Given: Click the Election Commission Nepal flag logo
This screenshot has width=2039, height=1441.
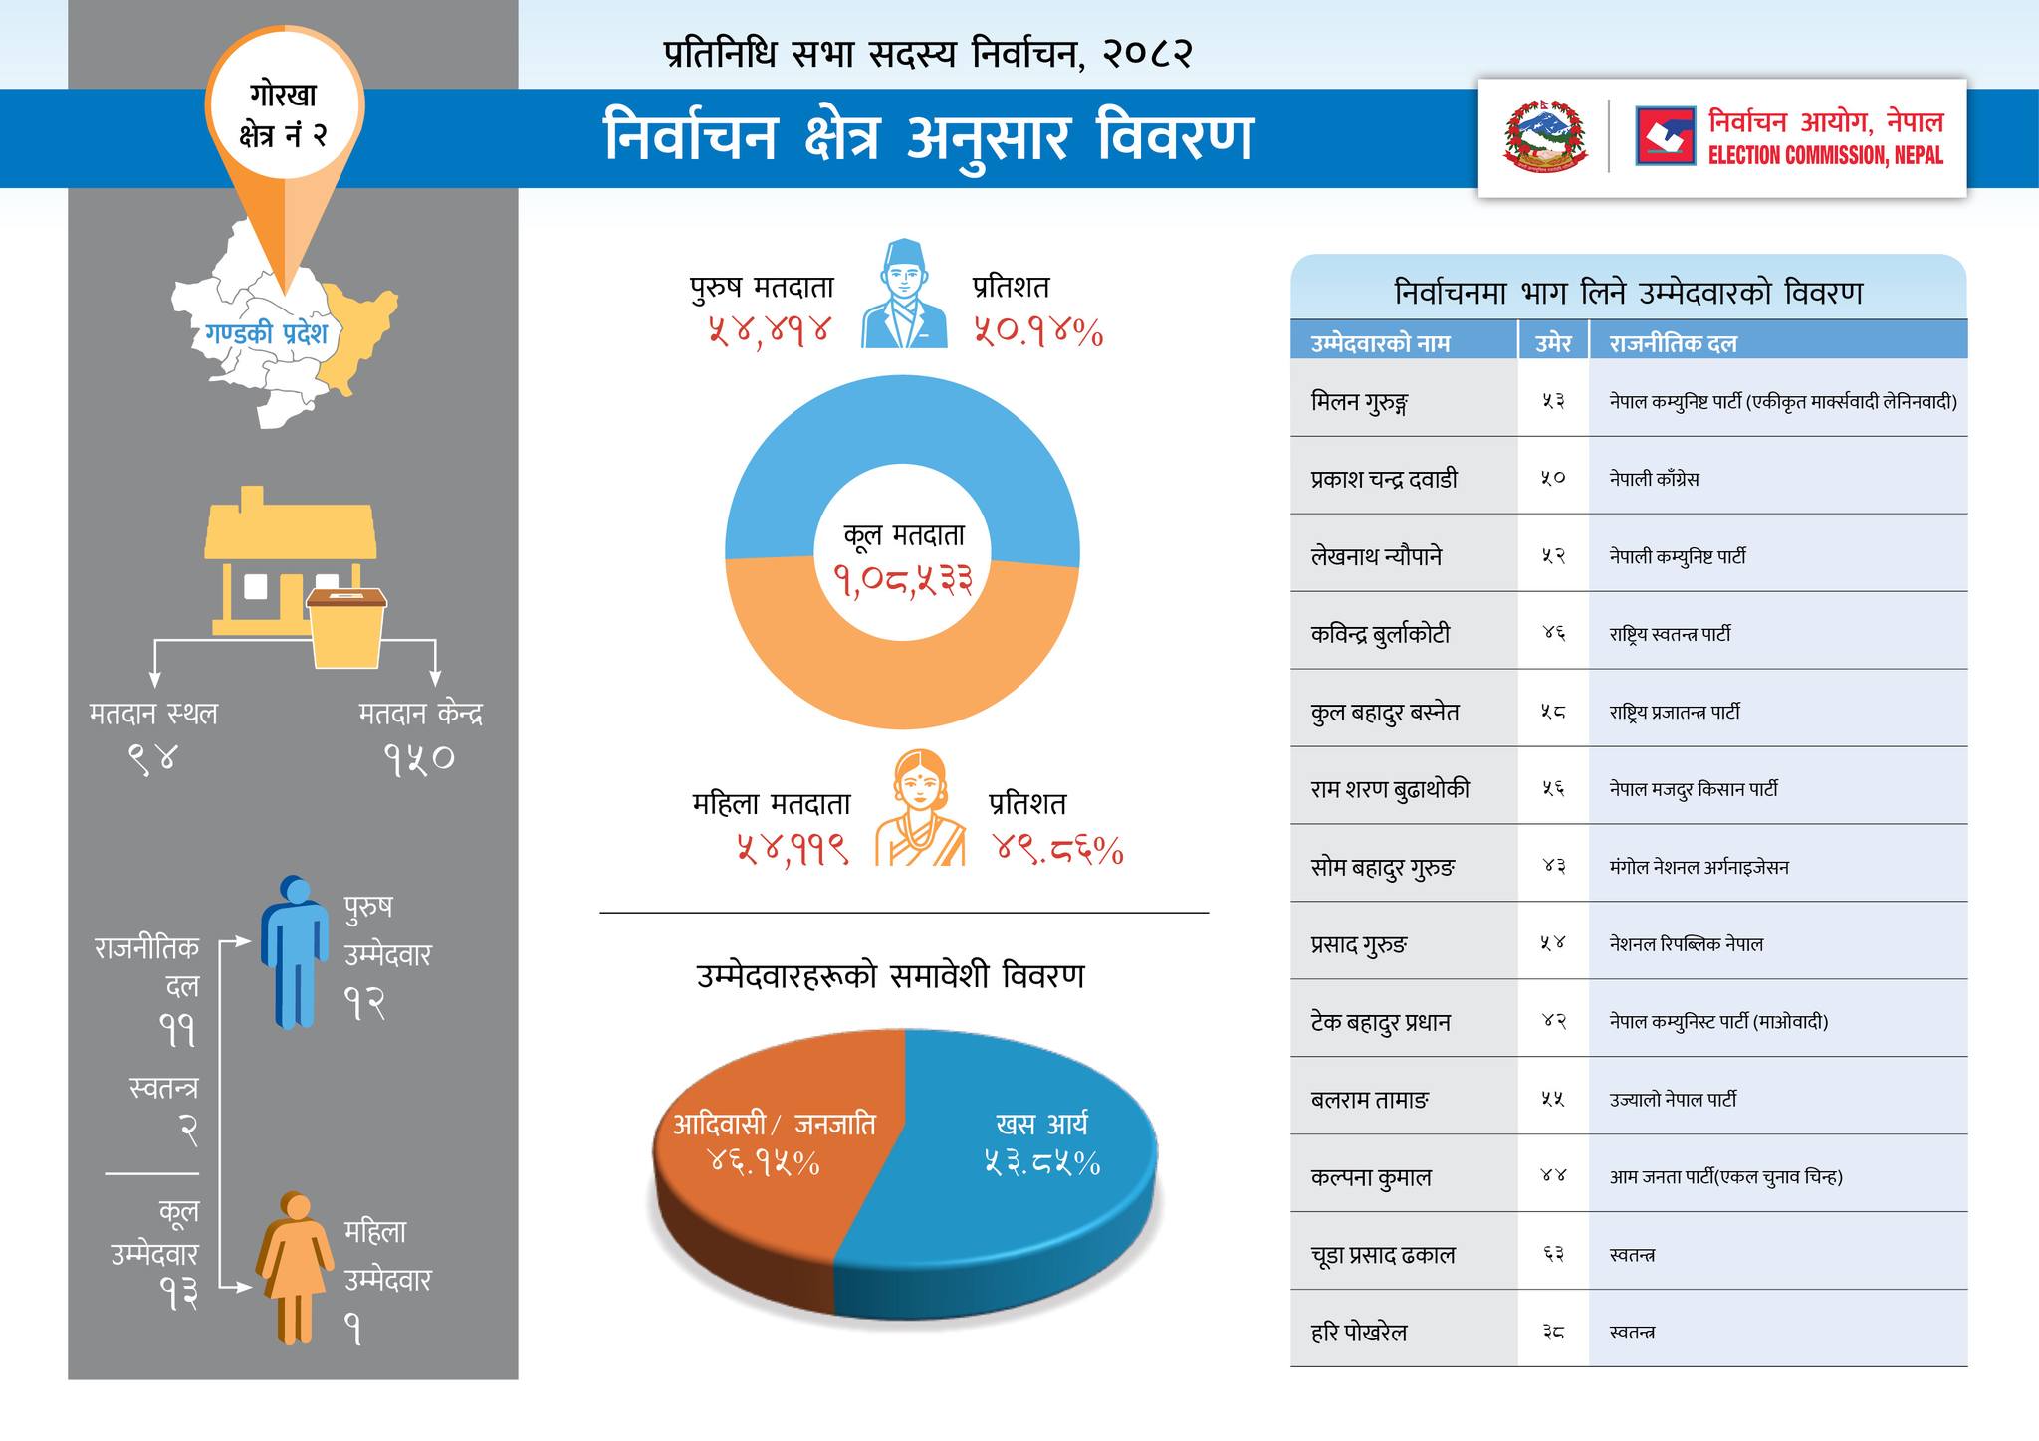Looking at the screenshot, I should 1665,136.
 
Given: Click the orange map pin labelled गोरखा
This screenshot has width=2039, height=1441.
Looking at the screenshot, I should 285,139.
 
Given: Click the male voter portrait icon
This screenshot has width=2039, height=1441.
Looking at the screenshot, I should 903,295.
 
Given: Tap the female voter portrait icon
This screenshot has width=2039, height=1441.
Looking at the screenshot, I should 920,808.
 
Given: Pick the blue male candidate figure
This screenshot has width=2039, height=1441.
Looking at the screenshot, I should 295,951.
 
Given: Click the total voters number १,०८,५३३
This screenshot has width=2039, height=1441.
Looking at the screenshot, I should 903,579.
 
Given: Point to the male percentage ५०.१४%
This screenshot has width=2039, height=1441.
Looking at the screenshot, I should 1037,331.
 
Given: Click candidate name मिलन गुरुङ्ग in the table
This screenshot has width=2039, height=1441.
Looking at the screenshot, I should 1359,402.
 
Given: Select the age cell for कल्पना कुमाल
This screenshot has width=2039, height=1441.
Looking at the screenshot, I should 1553,1176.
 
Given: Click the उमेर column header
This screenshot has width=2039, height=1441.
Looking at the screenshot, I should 1553,343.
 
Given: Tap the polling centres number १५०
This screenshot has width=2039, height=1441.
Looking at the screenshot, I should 419,759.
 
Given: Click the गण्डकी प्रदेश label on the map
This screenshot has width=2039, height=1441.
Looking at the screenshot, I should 267,333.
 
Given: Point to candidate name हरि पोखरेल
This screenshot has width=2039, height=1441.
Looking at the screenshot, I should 1359,1333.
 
